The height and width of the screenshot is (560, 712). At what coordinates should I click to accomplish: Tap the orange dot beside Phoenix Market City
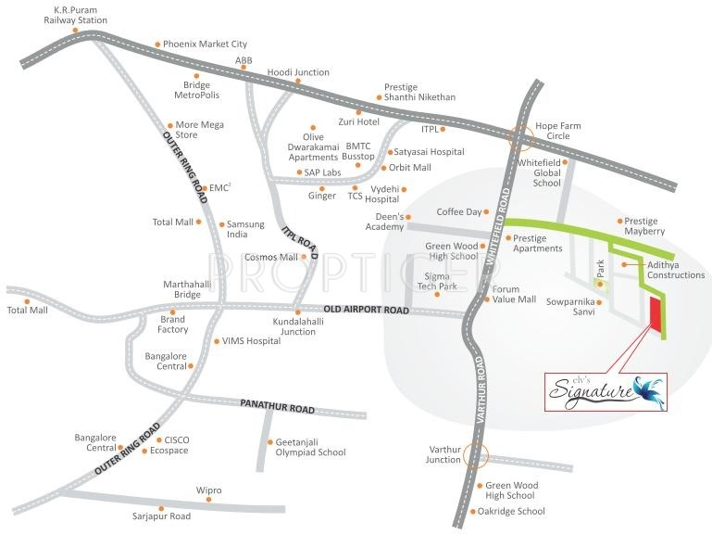click(158, 44)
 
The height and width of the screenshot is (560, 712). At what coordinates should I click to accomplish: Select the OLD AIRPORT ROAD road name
click(366, 310)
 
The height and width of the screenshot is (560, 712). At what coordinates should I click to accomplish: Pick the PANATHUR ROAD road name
click(277, 407)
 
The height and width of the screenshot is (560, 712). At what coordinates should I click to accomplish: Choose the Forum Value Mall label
click(514, 294)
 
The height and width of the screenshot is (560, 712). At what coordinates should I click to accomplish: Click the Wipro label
click(208, 490)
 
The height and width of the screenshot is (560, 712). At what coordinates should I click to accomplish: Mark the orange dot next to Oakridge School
click(471, 511)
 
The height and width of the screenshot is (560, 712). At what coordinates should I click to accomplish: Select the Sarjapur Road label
click(161, 516)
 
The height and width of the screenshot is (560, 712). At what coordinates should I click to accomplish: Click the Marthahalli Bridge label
click(181, 289)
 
